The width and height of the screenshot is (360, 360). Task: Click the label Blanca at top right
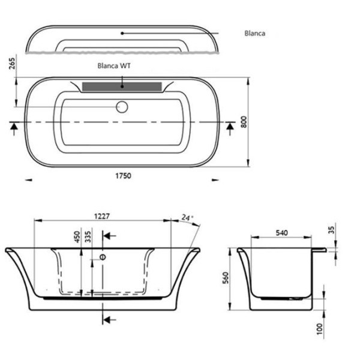pyautogui.click(x=255, y=34)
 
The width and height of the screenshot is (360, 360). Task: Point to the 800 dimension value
pyautogui.click(x=244, y=121)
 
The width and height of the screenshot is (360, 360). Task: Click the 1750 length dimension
pyautogui.click(x=123, y=176)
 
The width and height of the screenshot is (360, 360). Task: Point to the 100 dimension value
pyautogui.click(x=321, y=328)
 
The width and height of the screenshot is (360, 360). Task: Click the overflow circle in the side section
pyautogui.click(x=101, y=257)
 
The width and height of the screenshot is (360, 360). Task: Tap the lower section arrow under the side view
pyautogui.click(x=109, y=318)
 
